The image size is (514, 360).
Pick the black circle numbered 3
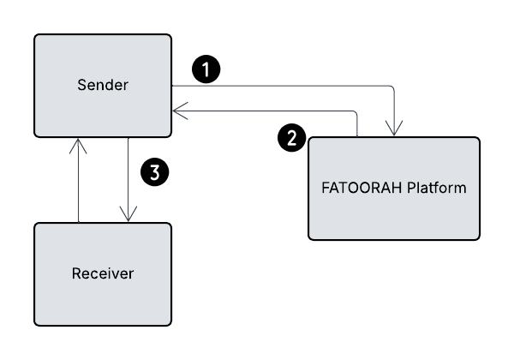pyautogui.click(x=154, y=171)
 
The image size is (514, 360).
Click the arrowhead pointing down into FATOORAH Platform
pyautogui.click(x=394, y=131)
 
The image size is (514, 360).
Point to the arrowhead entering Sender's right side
pyautogui.click(x=176, y=111)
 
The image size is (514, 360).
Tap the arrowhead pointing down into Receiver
pyautogui.click(x=127, y=217)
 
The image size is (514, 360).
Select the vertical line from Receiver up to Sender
pyautogui.click(x=79, y=184)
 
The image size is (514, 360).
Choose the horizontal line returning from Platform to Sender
pyautogui.click(x=266, y=111)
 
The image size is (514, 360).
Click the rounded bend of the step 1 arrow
pyautogui.click(x=392, y=88)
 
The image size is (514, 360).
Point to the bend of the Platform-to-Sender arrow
pyautogui.click(x=355, y=112)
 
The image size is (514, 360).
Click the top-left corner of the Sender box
pyautogui.click(x=36, y=36)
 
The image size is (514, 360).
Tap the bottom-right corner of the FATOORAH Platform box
pyautogui.click(x=478, y=237)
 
